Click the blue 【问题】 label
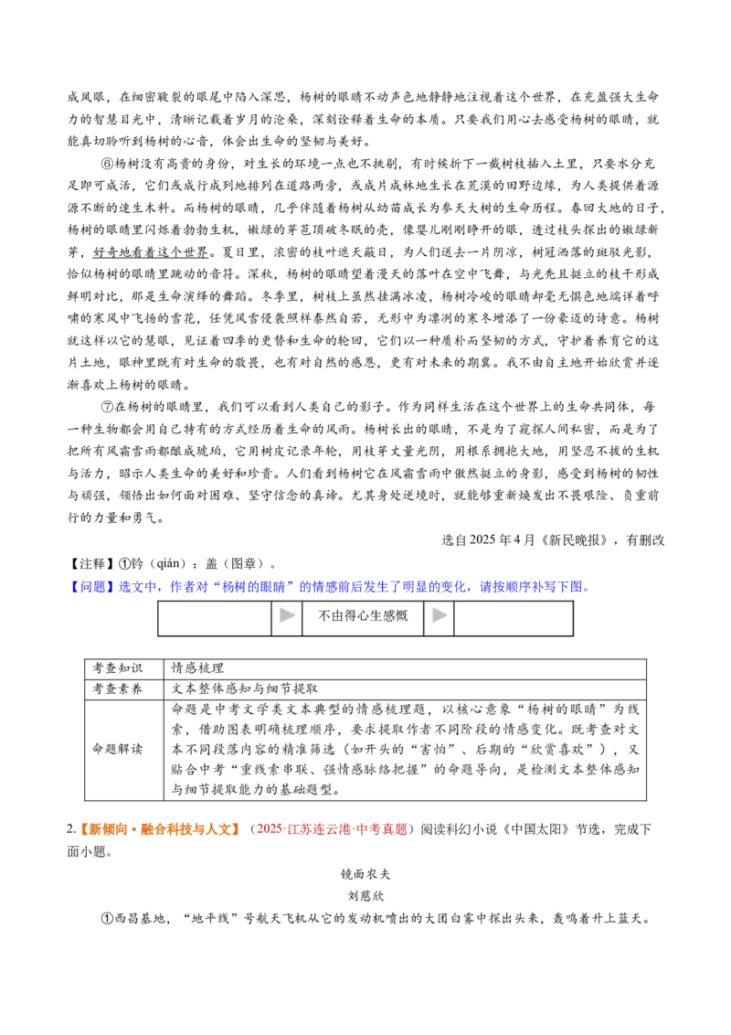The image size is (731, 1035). pyautogui.click(x=92, y=587)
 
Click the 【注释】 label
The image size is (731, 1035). pyautogui.click(x=92, y=564)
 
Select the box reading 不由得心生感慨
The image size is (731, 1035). pyautogui.click(x=363, y=618)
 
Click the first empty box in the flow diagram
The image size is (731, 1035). pyautogui.click(x=215, y=618)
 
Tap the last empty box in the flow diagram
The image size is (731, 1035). pyautogui.click(x=514, y=618)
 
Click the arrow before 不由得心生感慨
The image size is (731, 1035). pyautogui.click(x=287, y=615)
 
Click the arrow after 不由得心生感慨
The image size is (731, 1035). pyautogui.click(x=440, y=615)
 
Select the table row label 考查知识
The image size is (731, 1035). pyautogui.click(x=118, y=668)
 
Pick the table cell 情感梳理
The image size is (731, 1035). pyautogui.click(x=197, y=668)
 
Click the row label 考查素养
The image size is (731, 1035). pyautogui.click(x=118, y=689)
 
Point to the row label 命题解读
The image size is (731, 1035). pyautogui.click(x=118, y=749)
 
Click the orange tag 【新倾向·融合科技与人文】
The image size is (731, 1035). pyautogui.click(x=160, y=829)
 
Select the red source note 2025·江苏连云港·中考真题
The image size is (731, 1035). pyautogui.click(x=332, y=829)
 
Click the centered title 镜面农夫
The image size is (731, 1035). pyautogui.click(x=365, y=875)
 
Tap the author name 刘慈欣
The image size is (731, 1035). pyautogui.click(x=365, y=896)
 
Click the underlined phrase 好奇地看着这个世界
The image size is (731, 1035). pyautogui.click(x=151, y=253)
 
